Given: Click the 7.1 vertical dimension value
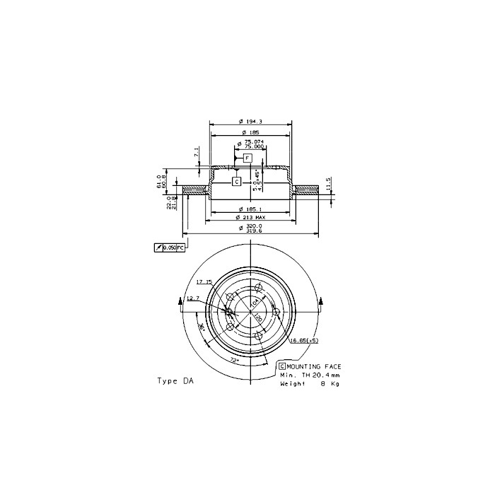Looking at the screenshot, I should pyautogui.click(x=197, y=152).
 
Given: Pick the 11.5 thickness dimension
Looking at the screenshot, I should pyautogui.click(x=329, y=183).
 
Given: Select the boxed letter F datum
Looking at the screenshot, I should pyautogui.click(x=248, y=158).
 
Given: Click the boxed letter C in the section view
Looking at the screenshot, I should pyautogui.click(x=237, y=182).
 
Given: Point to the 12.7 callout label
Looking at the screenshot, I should pyautogui.click(x=193, y=298).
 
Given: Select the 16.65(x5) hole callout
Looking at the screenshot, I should pyautogui.click(x=307, y=339).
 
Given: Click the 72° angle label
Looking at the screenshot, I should pyautogui.click(x=234, y=360).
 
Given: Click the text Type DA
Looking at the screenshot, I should pyautogui.click(x=175, y=380).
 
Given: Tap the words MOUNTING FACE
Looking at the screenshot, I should pyautogui.click(x=314, y=366).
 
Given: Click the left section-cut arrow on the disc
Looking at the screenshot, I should pyautogui.click(x=184, y=302).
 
